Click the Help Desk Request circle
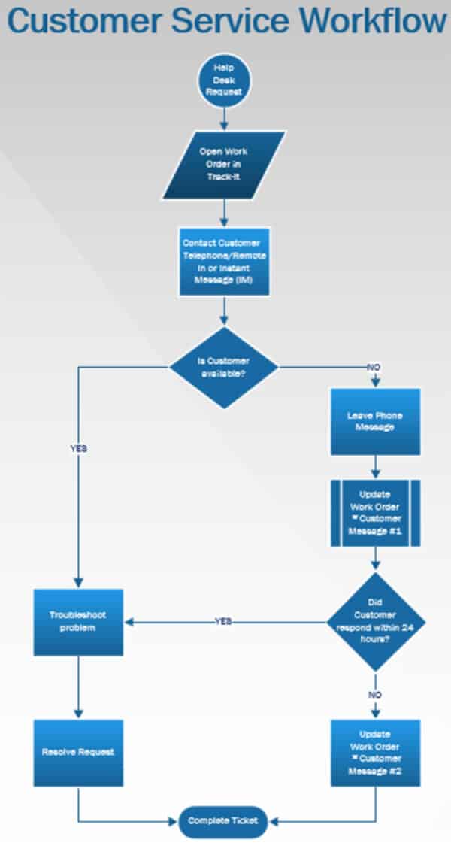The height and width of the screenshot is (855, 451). point(223,80)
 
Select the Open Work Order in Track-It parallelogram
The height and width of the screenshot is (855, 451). point(223,164)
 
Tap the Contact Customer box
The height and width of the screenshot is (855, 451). point(223,261)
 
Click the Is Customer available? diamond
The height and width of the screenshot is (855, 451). point(223,367)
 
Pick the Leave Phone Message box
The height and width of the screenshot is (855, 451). point(375,421)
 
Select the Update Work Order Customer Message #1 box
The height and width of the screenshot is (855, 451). point(375,513)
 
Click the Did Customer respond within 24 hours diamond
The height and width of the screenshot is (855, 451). point(375,621)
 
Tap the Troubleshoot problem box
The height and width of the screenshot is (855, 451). point(78,621)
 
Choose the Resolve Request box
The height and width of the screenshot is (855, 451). point(78,752)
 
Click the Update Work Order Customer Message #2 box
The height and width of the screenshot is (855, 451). point(375,752)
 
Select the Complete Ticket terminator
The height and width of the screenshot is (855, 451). point(223,820)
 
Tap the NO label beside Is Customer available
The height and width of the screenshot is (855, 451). point(374,367)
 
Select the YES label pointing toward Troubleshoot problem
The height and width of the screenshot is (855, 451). point(223,621)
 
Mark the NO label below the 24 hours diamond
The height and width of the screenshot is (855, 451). point(375,694)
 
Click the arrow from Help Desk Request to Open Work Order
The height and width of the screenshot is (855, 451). point(223,116)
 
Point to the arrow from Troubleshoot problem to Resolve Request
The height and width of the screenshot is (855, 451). point(78,687)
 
